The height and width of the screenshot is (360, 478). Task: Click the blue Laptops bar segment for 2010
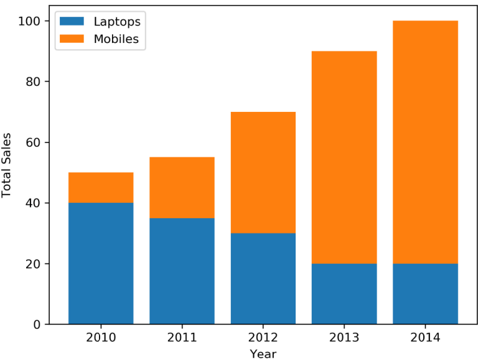coord(101,263)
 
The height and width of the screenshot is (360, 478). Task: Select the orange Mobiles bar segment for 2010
coord(101,187)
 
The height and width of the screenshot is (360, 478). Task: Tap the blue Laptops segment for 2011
coord(182,271)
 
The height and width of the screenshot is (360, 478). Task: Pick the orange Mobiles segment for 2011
coord(182,187)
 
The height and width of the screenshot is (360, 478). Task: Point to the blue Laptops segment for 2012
coord(263,279)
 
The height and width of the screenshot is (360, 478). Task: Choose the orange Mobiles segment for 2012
coord(263,172)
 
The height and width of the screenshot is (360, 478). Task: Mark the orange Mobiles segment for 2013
coord(344,157)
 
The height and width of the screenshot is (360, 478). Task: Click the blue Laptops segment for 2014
coord(425,293)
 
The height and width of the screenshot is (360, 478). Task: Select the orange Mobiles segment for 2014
coord(425,142)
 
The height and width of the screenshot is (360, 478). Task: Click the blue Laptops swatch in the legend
coord(72,22)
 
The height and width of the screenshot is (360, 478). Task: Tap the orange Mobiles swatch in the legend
coord(72,39)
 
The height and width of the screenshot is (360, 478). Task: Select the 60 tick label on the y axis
coord(34,142)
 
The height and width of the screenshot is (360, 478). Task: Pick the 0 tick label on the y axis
coord(37,325)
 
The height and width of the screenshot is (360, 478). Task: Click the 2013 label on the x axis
coord(344,338)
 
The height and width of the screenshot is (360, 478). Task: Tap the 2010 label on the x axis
coord(101,338)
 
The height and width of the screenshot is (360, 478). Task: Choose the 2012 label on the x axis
coord(263,338)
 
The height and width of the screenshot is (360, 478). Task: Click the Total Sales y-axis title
coord(7,165)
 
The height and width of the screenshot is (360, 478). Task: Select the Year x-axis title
coord(263,353)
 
